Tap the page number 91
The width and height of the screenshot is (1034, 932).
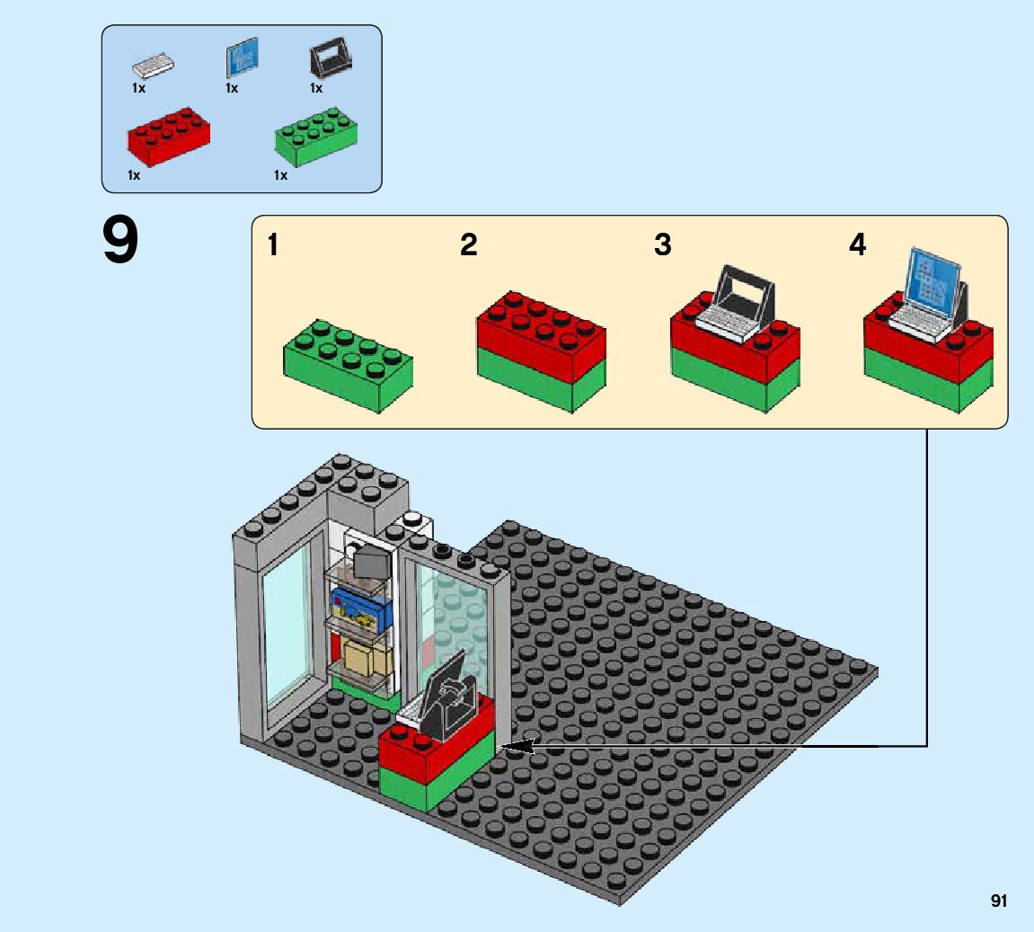(x=998, y=901)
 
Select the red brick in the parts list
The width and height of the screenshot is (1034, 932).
(x=169, y=138)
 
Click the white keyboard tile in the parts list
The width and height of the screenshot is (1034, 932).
(x=153, y=66)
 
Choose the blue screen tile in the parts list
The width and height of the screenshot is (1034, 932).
(x=241, y=59)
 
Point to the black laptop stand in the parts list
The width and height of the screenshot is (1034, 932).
(x=328, y=62)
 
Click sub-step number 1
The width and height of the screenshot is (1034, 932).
(x=273, y=245)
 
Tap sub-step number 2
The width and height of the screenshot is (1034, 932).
(x=468, y=245)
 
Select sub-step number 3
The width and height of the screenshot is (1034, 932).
(x=662, y=245)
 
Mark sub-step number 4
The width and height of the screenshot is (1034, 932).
(x=857, y=245)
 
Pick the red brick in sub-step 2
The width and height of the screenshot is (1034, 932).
(x=541, y=333)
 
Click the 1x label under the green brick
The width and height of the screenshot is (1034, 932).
(x=280, y=175)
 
